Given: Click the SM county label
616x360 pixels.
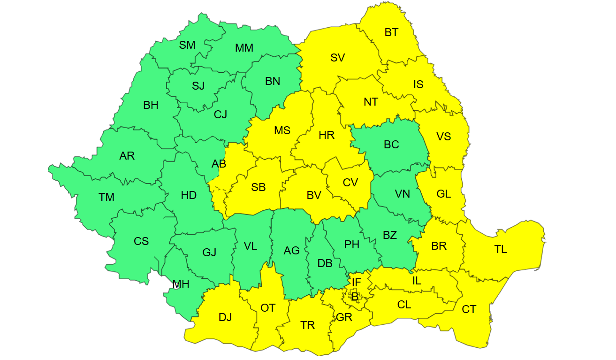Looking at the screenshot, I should [x=187, y=45].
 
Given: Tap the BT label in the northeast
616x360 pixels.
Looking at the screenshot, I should [x=391, y=32].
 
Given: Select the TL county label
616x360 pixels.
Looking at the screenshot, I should [x=501, y=249].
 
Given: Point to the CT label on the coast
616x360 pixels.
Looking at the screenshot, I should [x=469, y=309].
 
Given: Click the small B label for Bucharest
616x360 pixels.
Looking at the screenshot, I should [x=355, y=296].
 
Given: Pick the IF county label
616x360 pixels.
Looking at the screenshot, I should [x=357, y=283].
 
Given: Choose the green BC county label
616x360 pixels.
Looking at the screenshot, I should [x=391, y=145].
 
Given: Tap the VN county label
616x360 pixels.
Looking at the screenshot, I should [x=402, y=193].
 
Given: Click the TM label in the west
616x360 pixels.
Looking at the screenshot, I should [x=106, y=197].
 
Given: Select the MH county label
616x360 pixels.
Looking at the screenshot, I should [x=181, y=283].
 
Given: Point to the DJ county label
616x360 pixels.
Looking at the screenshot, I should [x=225, y=317].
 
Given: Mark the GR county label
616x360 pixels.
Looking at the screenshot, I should [x=344, y=317].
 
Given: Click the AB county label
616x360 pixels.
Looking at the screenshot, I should [x=219, y=164].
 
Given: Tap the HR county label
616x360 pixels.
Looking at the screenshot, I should [x=326, y=136].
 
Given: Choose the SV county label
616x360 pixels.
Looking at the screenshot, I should [x=337, y=58].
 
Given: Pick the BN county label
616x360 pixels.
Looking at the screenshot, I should [x=272, y=81].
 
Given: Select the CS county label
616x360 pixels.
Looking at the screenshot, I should [x=141, y=241].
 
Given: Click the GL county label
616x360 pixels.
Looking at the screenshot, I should [x=443, y=193].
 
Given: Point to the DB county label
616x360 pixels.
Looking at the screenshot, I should [x=325, y=263].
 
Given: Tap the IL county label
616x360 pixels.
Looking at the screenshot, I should [x=416, y=281].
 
